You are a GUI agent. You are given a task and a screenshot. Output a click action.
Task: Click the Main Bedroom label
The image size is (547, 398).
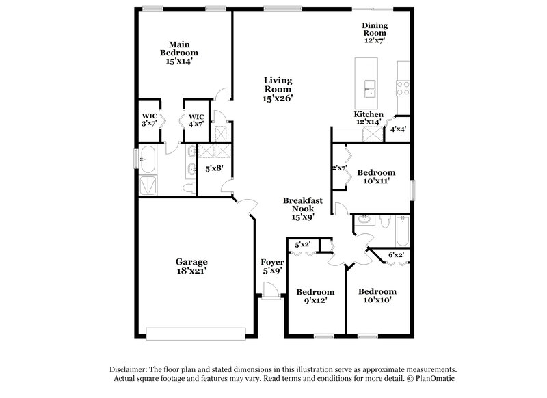pos(179,53)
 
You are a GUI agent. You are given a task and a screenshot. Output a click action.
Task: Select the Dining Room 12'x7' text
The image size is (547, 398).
pos(374,33)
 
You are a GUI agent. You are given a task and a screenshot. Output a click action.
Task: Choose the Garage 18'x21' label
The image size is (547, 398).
pos(191,266)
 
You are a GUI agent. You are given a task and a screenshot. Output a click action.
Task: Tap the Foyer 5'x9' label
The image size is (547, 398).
pos(272,267)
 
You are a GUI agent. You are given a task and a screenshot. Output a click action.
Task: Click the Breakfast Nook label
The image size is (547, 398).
pos(303,208)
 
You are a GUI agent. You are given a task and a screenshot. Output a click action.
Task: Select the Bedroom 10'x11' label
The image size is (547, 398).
pos(376,177)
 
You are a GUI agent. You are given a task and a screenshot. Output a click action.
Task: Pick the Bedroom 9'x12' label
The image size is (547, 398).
pos(315,295)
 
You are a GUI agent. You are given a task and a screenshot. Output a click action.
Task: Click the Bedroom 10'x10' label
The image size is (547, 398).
pos(377,295)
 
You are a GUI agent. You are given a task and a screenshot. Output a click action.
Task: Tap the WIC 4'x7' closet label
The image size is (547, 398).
pos(196,120)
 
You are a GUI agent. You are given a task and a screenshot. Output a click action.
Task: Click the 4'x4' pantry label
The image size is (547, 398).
pos(399,129)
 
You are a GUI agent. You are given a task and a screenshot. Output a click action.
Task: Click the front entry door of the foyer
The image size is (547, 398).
pos(271,295)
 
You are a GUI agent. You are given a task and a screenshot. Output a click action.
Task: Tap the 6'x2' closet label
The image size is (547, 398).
pos(396,255)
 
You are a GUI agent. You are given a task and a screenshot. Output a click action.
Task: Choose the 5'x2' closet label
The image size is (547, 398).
pos(303,245)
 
